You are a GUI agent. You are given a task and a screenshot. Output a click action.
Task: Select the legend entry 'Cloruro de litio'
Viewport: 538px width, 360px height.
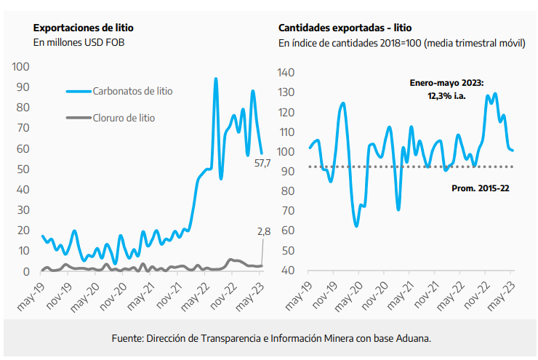124,117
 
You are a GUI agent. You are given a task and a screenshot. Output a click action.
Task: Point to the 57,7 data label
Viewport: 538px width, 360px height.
262,164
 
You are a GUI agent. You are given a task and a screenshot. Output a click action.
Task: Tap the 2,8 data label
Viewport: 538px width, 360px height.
263,231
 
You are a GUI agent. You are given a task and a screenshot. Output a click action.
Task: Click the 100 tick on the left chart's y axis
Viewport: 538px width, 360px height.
21,67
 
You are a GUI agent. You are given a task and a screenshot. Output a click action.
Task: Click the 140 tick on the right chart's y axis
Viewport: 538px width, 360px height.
289,73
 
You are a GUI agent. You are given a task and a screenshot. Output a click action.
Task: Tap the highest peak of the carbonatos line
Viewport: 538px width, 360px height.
215,79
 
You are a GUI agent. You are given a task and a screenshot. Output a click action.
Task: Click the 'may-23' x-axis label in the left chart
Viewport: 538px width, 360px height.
252,292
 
